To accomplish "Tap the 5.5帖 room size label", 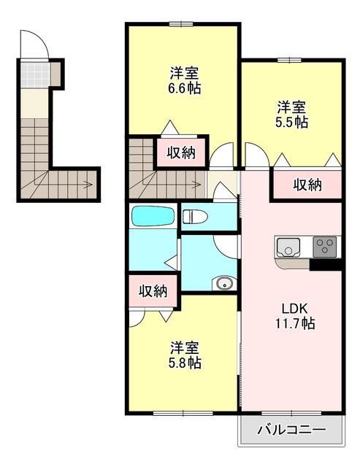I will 291,122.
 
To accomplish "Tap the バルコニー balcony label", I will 291,431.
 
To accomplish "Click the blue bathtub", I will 153,217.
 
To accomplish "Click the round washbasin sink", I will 222,283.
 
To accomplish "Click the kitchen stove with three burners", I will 325,247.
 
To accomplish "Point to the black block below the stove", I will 325,265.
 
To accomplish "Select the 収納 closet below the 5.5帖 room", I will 307,185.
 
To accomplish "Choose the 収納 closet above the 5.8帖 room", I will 153,291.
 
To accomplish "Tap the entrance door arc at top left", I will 34,45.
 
